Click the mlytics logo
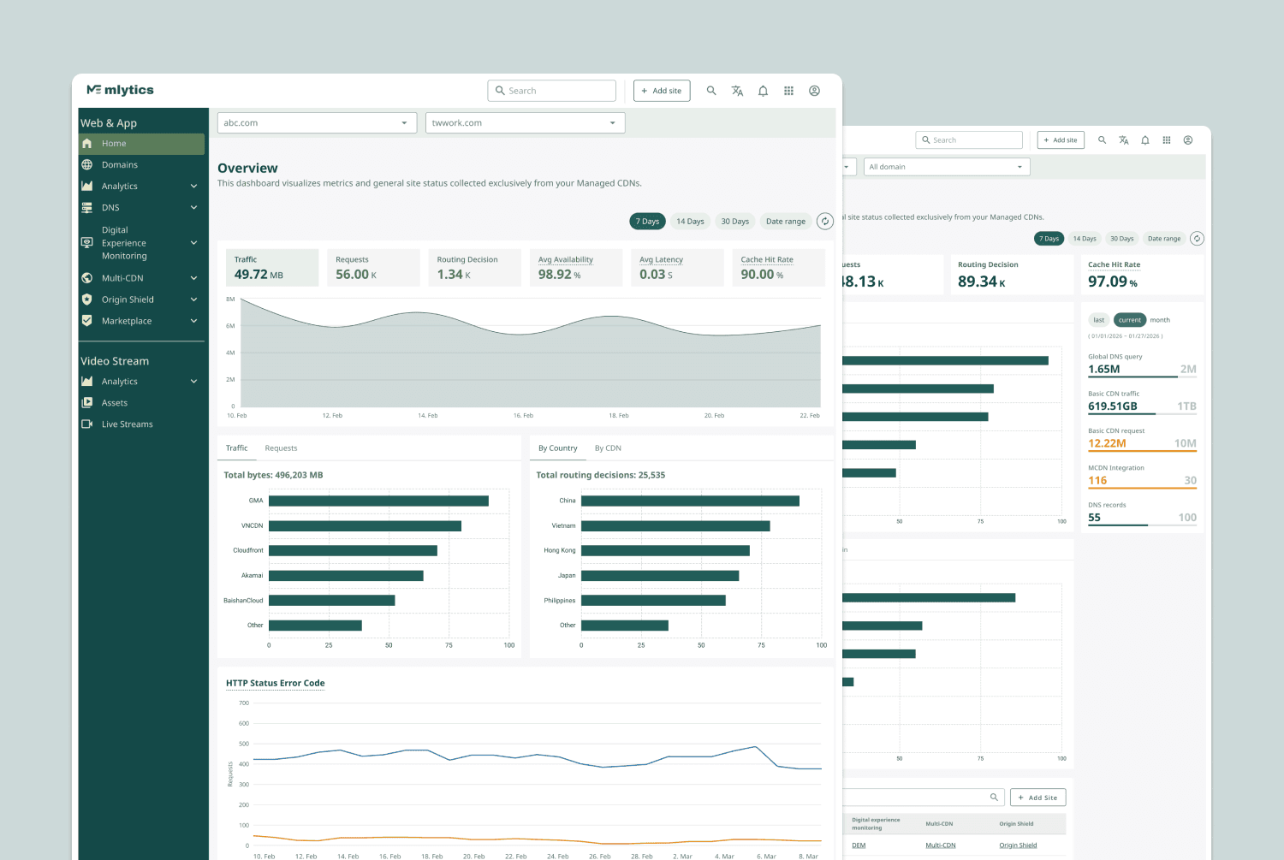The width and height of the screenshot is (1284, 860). click(x=120, y=90)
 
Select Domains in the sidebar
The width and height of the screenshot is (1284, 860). click(x=119, y=165)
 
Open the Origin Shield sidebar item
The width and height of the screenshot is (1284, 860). click(x=128, y=300)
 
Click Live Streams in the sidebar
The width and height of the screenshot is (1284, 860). click(x=127, y=424)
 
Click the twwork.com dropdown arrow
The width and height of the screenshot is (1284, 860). click(x=612, y=123)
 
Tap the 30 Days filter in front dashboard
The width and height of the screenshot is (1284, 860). click(x=734, y=222)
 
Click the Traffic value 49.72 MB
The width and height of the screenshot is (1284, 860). click(x=259, y=275)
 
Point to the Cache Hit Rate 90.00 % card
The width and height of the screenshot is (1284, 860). click(x=778, y=268)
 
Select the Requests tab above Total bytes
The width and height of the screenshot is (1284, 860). click(x=281, y=448)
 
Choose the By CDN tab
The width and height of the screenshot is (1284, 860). click(x=608, y=448)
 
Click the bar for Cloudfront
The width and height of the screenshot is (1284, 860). click(x=353, y=550)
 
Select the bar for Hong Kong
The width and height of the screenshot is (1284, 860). click(x=665, y=550)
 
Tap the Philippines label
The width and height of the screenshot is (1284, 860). click(x=559, y=601)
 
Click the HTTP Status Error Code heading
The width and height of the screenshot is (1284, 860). click(x=275, y=683)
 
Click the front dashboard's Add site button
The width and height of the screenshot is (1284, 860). click(x=662, y=91)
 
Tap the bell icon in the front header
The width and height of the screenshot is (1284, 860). click(x=763, y=91)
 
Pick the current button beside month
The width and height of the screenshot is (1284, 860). click(x=1129, y=320)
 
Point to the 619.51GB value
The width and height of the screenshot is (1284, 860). click(x=1112, y=406)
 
